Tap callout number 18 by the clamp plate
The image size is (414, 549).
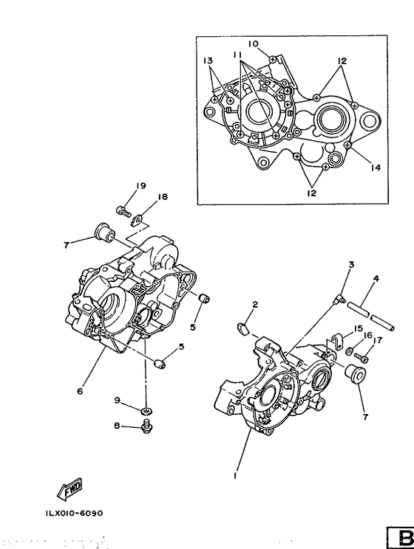[162, 197]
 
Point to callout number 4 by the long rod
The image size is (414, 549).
[376, 279]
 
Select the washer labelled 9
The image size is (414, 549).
[146, 409]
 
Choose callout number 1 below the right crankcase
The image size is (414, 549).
[235, 477]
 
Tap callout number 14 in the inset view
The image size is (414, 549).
[375, 168]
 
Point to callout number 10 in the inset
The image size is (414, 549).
[253, 44]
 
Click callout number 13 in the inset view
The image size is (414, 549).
[208, 60]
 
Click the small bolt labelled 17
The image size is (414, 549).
[362, 353]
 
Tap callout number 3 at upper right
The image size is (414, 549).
[351, 264]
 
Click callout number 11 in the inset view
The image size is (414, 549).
[237, 55]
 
